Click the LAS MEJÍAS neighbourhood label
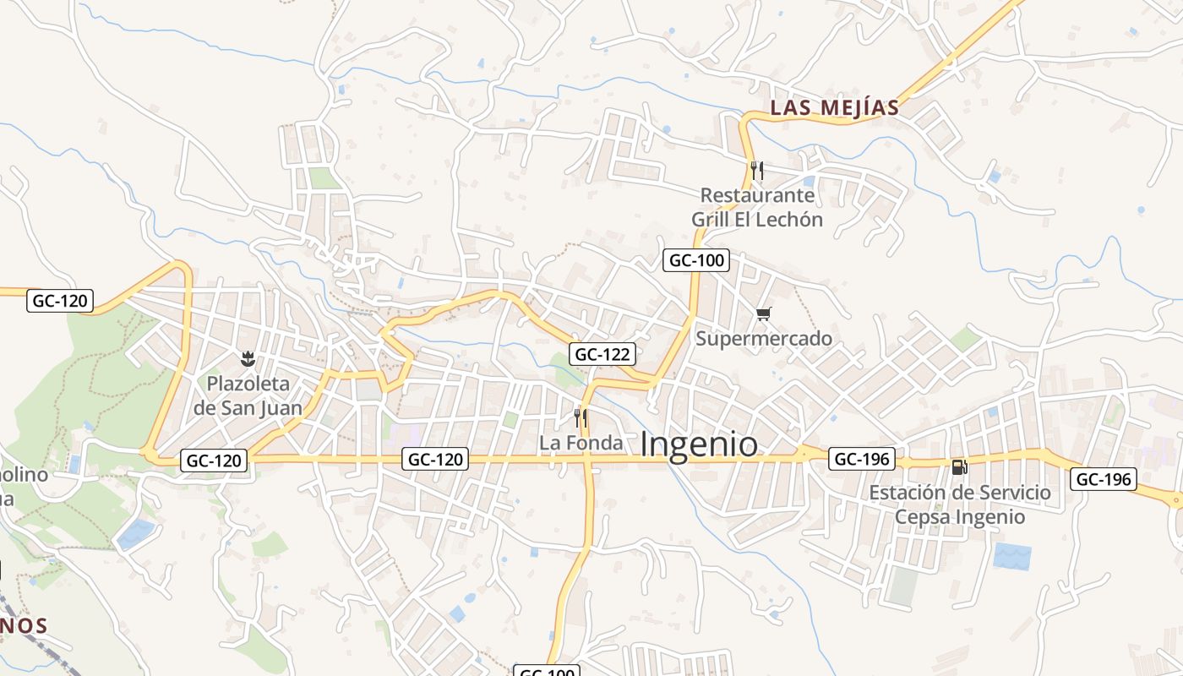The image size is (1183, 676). [833, 108]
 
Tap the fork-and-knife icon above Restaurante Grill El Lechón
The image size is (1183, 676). [757, 171]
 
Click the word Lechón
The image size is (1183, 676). [788, 220]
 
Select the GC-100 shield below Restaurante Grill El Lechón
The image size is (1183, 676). [696, 260]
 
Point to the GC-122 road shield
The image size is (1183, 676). [602, 354]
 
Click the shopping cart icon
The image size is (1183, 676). [764, 314]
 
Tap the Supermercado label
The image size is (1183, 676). [764, 339]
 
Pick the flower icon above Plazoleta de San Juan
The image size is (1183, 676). [248, 359]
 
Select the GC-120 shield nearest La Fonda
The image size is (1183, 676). [436, 460]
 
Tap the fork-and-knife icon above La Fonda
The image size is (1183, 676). [581, 417]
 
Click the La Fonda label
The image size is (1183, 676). [581, 443]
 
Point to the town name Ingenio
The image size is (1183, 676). [699, 444]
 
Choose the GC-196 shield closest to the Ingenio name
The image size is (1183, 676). [861, 459]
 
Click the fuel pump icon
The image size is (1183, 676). [959, 466]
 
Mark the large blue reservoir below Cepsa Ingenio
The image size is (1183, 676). [1012, 556]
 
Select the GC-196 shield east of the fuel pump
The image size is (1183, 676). [1103, 479]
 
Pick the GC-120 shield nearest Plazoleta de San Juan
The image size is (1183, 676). [215, 461]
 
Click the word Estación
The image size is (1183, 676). [910, 492]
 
